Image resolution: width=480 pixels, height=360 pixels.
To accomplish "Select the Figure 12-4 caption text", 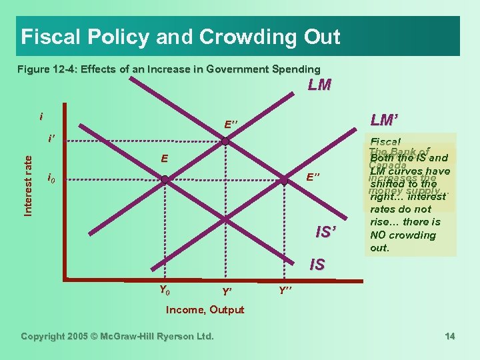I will pos(169,69).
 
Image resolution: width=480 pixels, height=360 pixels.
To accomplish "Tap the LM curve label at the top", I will pos(321,85).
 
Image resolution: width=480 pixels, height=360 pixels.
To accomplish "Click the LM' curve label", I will pos(384,121).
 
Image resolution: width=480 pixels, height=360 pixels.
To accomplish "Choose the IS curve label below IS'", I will pos(317,265).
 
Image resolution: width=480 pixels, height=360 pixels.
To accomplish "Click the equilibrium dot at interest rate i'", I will pos(226,141).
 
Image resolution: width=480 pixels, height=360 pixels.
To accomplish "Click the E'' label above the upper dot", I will pos(232,125).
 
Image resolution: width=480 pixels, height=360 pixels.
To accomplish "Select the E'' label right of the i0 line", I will pos(313,177).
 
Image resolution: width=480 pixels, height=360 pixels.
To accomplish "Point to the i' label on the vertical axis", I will pos(51,139).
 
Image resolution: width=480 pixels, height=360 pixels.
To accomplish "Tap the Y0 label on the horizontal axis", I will pos(164,289).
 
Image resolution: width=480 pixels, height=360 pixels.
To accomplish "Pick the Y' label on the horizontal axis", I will pos(227,291).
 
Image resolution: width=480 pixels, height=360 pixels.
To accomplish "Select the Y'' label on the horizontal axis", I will pos(285,291).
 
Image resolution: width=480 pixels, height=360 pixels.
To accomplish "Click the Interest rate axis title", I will pos(28,185).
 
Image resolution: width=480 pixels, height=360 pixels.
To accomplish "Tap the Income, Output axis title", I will pos(205,309).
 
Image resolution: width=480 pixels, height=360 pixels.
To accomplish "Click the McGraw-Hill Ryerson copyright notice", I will pos(117,336).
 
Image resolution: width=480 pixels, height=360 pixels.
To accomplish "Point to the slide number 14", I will pos(449,336).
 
